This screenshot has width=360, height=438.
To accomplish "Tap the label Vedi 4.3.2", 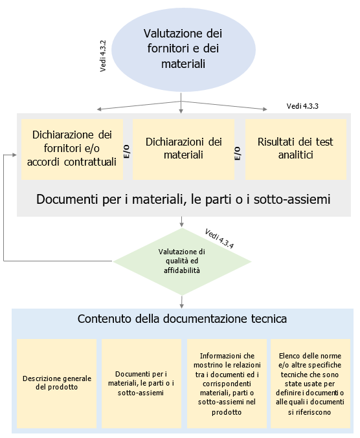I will pos(103,56).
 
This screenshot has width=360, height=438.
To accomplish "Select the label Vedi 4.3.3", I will pos(302,105).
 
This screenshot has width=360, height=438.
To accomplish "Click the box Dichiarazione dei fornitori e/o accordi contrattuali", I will pos(73,148).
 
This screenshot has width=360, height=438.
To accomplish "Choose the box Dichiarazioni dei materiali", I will pos(184,148).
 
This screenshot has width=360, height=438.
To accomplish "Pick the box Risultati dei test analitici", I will pos(295,148).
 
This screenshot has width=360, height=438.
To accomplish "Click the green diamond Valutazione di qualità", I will pos(182,261).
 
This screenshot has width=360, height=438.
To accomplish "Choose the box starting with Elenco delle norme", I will pos(311,383).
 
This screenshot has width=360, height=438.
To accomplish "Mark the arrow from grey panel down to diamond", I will pos(182,223).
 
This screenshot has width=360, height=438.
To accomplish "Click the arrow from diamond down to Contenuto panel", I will pos(182,301).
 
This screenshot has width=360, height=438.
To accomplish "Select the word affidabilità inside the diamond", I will pos(182,271).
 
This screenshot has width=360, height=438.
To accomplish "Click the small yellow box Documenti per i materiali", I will pos(141,383).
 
